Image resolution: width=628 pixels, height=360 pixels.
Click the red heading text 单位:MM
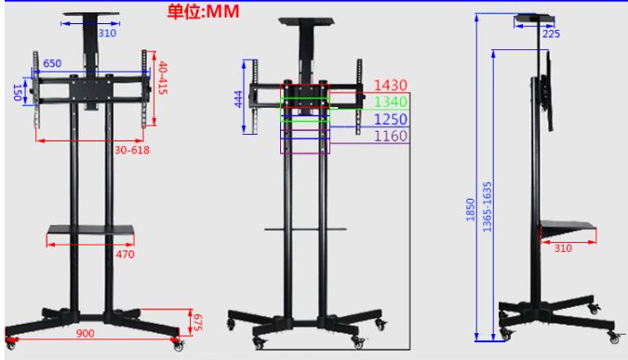203,11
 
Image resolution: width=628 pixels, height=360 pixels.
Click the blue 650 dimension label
52,63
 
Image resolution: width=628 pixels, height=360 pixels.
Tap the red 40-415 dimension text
162,78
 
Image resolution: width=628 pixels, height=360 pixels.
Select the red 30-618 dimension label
132,150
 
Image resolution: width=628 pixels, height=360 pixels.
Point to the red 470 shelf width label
125,254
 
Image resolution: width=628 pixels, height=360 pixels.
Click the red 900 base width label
86,333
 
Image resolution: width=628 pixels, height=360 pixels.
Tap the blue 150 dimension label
18,92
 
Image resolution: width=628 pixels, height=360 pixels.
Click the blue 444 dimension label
238,99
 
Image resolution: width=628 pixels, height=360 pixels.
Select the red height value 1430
391,85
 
